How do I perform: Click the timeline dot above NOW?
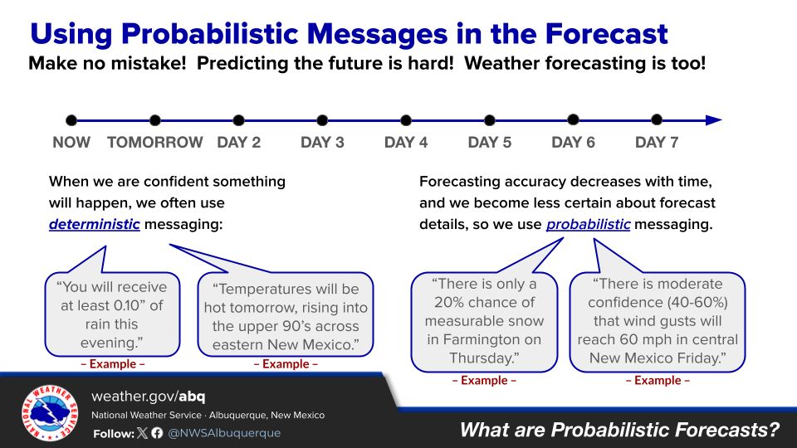click(x=71, y=120)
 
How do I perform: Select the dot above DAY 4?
click(x=406, y=120)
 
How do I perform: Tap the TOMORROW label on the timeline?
click(x=155, y=142)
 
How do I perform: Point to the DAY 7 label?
click(x=657, y=142)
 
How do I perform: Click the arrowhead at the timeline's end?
click(x=714, y=120)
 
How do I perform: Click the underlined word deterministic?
click(x=95, y=224)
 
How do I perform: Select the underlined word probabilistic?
click(x=588, y=224)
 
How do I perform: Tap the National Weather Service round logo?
click(x=50, y=412)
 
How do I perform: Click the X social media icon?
click(x=142, y=433)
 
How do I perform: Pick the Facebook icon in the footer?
click(x=157, y=433)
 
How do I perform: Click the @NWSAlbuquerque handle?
click(x=224, y=433)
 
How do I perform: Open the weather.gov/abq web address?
click(x=149, y=397)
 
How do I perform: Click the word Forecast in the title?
click(x=606, y=34)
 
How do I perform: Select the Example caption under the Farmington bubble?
click(x=484, y=381)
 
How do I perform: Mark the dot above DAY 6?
click(x=573, y=119)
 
